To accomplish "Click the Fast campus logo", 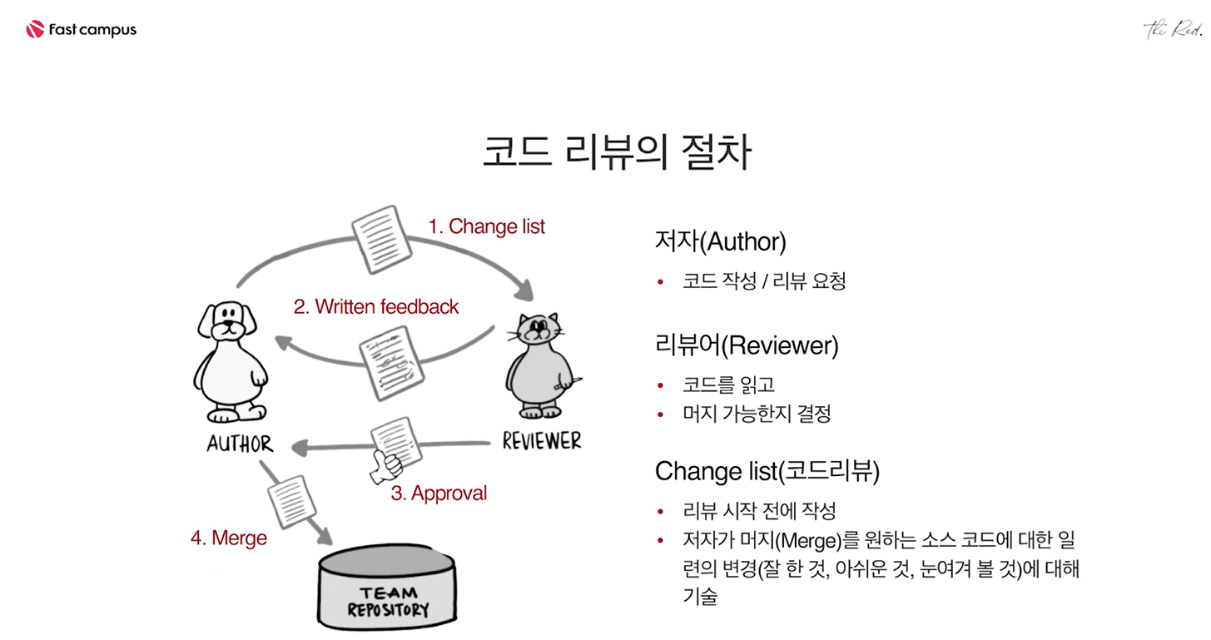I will pos(81,31).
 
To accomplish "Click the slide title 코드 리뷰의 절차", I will pos(616,154).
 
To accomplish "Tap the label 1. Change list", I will pos(486,226).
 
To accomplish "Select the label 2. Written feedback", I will pos(375,307).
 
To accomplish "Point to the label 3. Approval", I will pos(439,494).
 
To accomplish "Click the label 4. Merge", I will pos(229,538).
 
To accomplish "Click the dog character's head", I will pos(224,320).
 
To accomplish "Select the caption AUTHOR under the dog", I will pos(240,444).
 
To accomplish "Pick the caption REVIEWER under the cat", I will pos(541,441).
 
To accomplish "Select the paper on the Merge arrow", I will pos(291,502).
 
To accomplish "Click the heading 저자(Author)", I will pos(720,242).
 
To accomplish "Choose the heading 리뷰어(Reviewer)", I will pos(746,345).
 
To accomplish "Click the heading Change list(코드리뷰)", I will pos(767,471).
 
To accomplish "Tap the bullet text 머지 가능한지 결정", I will pos(756,414).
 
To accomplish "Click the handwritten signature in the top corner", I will pos(1173,31).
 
